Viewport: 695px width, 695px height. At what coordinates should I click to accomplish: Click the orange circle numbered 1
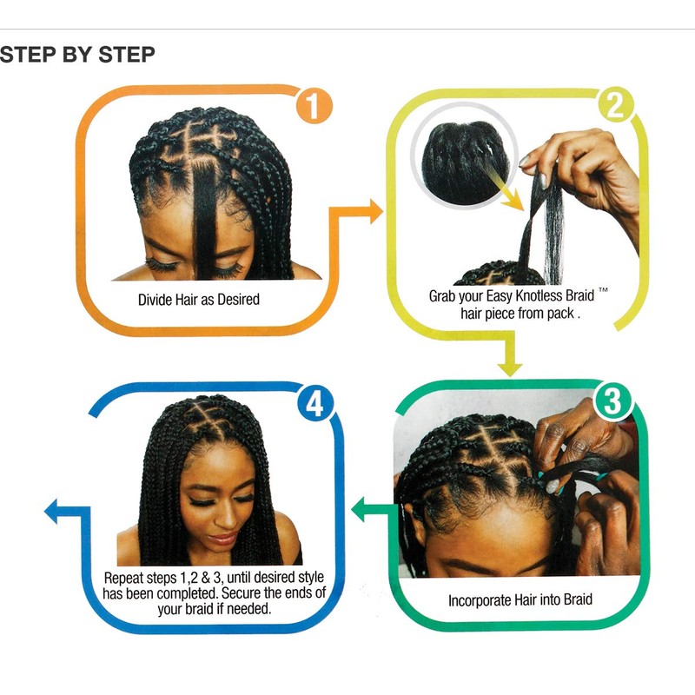point(314,109)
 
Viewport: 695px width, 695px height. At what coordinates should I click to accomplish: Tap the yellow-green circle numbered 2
point(617,107)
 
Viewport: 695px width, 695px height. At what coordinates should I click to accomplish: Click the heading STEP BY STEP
point(77,55)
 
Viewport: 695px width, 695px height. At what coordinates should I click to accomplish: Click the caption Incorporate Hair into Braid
point(520,600)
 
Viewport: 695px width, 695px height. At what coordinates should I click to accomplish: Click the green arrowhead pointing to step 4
point(360,510)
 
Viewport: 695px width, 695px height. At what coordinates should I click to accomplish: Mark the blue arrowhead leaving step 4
point(54,511)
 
